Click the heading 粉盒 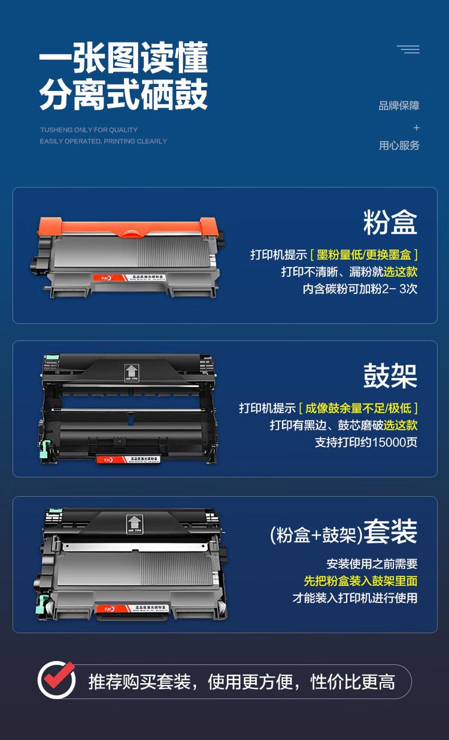(x=390, y=222)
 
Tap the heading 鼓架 (x=390, y=376)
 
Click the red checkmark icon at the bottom (x=57, y=680)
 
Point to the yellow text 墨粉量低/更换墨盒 (x=364, y=254)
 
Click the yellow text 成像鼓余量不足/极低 (x=358, y=408)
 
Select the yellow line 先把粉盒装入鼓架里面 (x=360, y=581)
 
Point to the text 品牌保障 (x=399, y=106)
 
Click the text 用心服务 (x=399, y=145)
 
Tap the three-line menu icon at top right (x=408, y=49)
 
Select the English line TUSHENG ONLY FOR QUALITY (x=89, y=130)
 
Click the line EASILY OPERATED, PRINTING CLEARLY (x=103, y=141)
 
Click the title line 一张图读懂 (x=123, y=59)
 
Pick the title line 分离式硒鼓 (x=123, y=95)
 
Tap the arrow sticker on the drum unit (x=130, y=372)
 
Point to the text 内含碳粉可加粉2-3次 (x=360, y=289)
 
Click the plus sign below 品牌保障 (x=416, y=128)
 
